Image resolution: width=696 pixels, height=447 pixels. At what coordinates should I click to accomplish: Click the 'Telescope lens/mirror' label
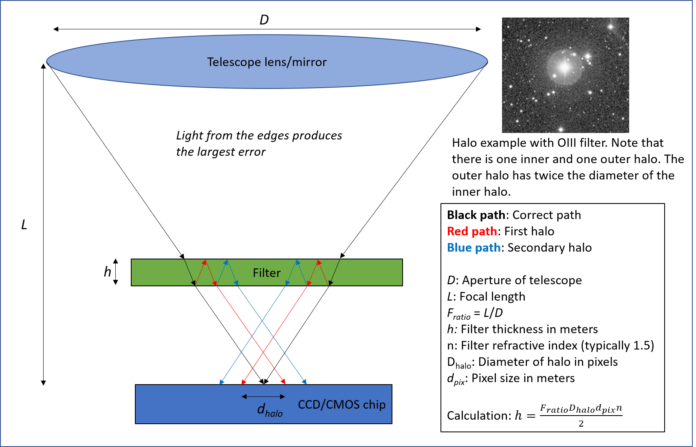coord(267,62)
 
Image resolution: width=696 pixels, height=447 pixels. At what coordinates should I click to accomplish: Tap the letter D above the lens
coord(264,20)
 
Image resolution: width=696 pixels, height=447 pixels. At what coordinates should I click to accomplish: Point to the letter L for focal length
coord(24,225)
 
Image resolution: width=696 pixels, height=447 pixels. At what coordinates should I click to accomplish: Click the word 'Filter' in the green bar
coord(267,272)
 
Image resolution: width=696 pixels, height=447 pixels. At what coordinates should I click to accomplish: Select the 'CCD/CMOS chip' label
coord(341,404)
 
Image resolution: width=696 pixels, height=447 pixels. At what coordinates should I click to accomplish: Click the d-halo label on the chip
coord(269,409)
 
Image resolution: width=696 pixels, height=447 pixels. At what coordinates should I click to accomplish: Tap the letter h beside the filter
coord(107,272)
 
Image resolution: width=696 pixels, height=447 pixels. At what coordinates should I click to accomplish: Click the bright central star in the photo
coord(565,67)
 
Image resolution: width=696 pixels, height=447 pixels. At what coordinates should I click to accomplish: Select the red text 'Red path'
coord(472,231)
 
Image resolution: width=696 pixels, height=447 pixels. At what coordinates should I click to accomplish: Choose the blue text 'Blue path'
coord(474,248)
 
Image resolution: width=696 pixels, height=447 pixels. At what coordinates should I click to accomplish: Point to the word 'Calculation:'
coord(479,416)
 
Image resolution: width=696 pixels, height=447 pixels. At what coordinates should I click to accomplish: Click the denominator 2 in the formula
coord(581,424)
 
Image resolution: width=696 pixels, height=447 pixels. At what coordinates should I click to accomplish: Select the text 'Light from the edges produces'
coord(259,135)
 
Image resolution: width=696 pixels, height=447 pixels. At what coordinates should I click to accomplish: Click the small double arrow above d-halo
coord(263,396)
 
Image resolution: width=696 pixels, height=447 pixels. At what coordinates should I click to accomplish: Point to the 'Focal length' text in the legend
coord(492,297)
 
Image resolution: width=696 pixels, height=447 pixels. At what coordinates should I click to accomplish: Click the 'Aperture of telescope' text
coord(522,280)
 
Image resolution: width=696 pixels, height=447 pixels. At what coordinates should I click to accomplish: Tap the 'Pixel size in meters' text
coord(523,378)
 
